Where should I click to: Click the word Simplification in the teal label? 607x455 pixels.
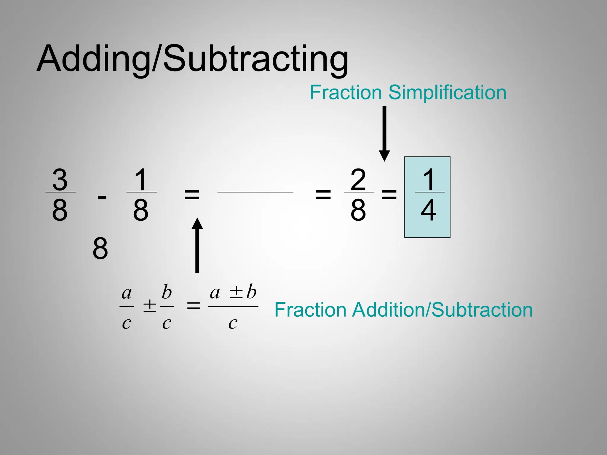tap(447, 92)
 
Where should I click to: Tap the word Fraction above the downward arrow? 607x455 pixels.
tap(346, 92)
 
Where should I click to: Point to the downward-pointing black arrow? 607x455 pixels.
tap(384, 133)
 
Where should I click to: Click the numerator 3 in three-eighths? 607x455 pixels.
tap(60, 180)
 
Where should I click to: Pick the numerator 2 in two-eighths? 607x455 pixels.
tap(358, 180)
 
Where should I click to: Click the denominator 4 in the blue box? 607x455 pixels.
tap(429, 210)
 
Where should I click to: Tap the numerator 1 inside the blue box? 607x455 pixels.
tap(429, 180)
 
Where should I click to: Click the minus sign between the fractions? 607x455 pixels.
tap(102, 197)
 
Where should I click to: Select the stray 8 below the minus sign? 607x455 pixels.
tap(100, 249)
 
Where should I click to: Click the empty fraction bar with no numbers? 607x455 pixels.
tap(255, 192)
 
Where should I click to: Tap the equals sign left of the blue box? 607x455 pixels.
tap(389, 195)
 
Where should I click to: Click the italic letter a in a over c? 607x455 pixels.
tap(127, 293)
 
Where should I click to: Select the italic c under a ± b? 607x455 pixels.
tap(233, 323)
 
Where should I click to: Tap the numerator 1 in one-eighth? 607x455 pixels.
tap(141, 180)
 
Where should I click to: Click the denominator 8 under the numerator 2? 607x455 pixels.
tap(358, 210)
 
